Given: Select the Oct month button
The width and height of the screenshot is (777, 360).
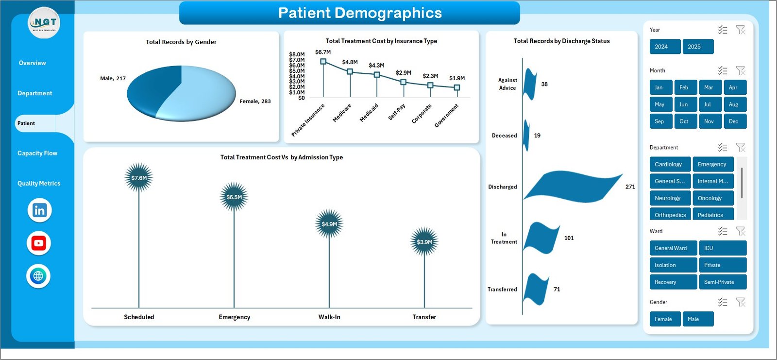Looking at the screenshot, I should click(684, 121).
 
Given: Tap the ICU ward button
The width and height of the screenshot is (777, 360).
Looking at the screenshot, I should click(722, 248).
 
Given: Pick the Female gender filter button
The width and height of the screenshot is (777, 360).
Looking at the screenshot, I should click(664, 319).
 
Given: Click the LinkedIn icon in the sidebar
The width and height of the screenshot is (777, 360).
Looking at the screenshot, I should click(39, 210).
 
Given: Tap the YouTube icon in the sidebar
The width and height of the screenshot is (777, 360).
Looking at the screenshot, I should click(39, 243).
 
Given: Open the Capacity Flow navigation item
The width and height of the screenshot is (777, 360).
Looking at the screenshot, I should click(37, 153).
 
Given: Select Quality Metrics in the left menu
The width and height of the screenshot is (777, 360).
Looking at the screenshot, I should click(39, 183).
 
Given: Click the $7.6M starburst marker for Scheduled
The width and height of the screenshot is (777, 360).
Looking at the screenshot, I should click(139, 178).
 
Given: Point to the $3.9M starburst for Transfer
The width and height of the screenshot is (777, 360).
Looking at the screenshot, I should click(424, 242).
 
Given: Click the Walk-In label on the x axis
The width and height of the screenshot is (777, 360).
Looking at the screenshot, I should click(329, 317).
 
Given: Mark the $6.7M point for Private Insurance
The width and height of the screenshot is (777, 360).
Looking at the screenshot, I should click(323, 62).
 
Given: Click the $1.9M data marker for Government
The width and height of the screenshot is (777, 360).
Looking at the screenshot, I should click(456, 87).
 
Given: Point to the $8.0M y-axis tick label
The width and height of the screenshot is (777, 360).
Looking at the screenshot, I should click(297, 54).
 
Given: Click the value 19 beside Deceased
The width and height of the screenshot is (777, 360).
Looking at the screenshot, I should click(537, 136).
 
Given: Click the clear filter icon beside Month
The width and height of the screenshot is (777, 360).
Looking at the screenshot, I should click(741, 71).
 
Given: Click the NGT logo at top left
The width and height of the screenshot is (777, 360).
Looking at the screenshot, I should click(44, 23).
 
